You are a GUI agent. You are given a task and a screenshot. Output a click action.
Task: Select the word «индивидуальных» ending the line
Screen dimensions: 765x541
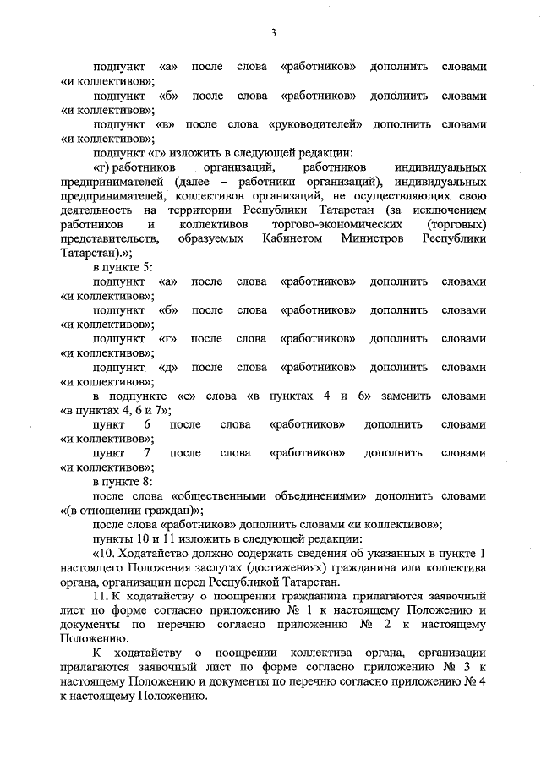point(440,168)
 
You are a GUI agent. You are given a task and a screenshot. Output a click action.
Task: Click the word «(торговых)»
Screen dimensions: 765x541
point(457,225)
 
